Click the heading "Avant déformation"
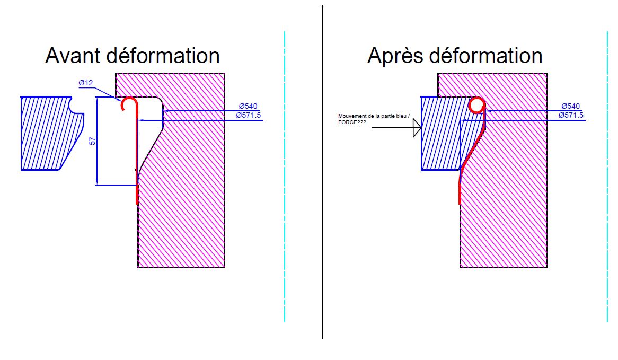click(x=132, y=56)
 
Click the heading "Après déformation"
click(x=454, y=56)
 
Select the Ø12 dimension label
click(x=86, y=83)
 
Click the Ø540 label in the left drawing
click(x=248, y=107)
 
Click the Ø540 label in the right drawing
click(x=570, y=107)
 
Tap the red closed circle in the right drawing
click(x=476, y=106)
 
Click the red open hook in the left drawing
click(x=128, y=103)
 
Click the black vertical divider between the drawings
click(x=322, y=212)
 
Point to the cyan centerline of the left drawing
click(x=285, y=212)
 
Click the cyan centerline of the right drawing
click(x=607, y=212)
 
